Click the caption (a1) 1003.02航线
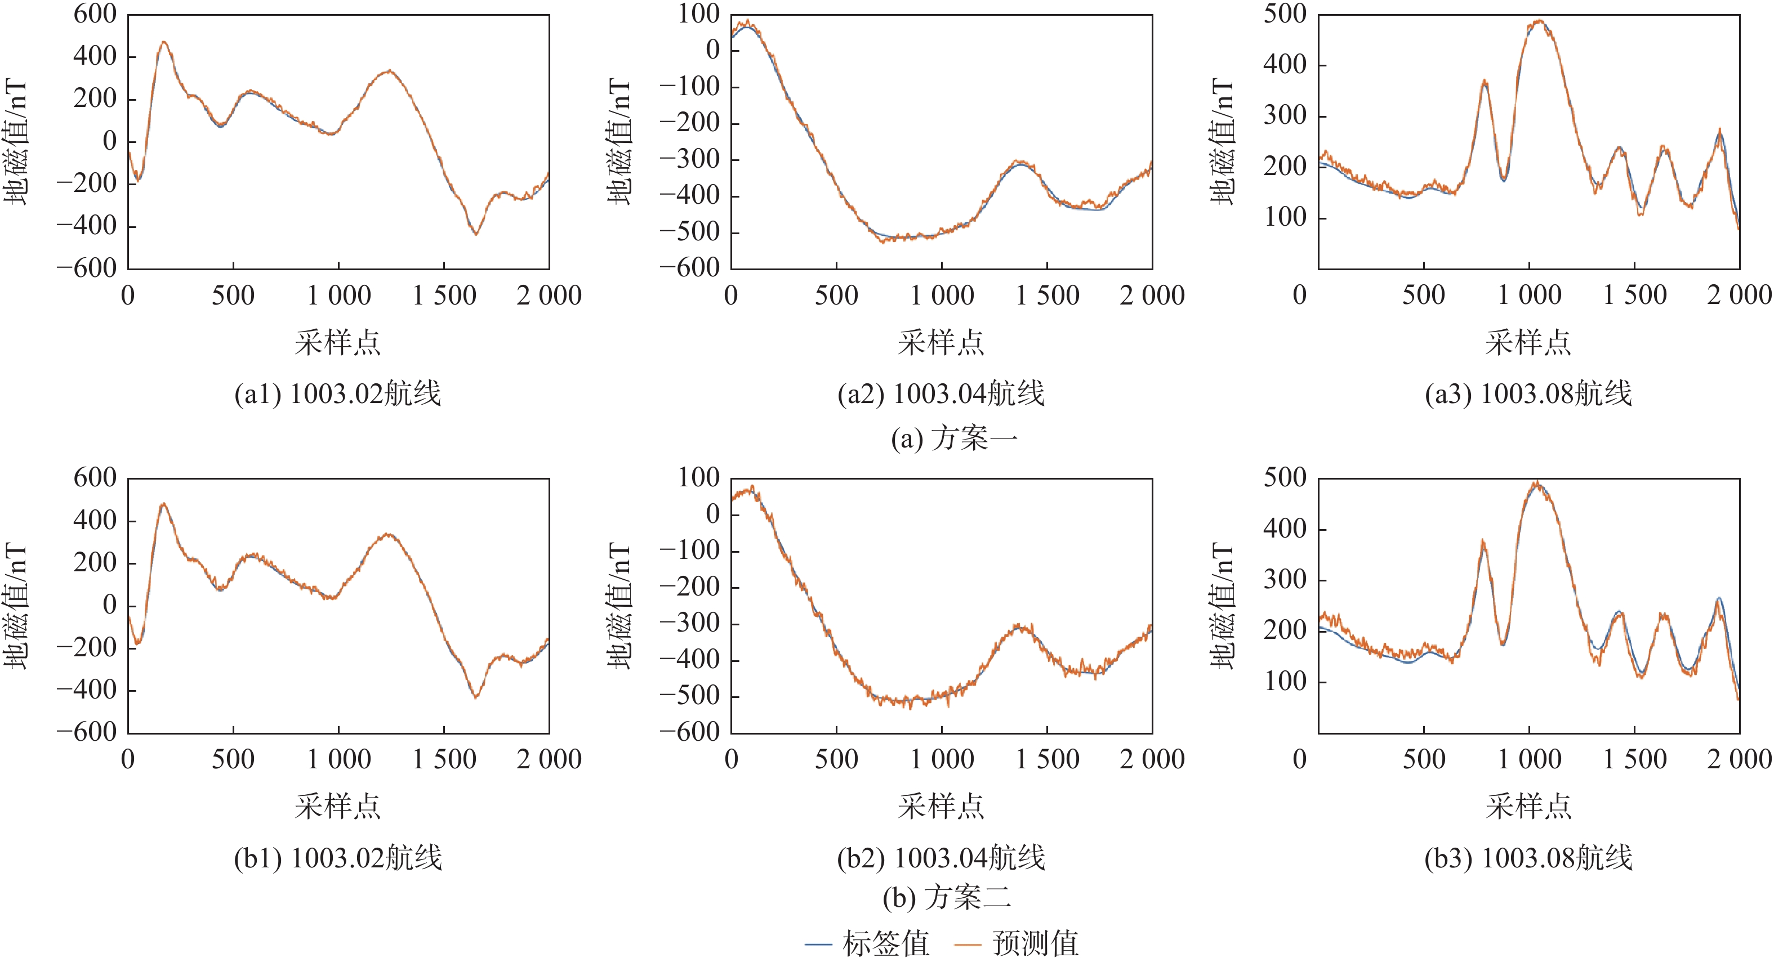[x=337, y=393]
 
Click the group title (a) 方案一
[x=954, y=438]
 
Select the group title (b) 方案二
[x=947, y=897]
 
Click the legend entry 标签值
[x=868, y=943]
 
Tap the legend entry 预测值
[x=1017, y=943]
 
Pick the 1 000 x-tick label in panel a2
[x=942, y=296]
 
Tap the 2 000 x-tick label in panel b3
[x=1739, y=759]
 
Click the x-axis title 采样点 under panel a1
[x=337, y=342]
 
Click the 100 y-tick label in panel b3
[x=1285, y=681]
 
